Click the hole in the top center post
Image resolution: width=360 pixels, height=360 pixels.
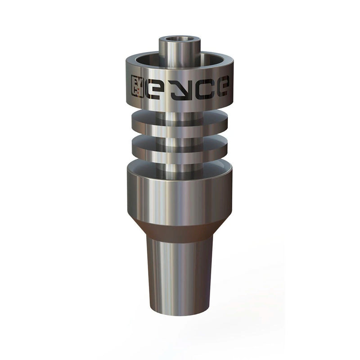[x=180, y=40]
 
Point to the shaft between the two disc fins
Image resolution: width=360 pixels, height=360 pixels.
[x=180, y=134]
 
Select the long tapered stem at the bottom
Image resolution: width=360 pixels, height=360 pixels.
[x=180, y=274]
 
